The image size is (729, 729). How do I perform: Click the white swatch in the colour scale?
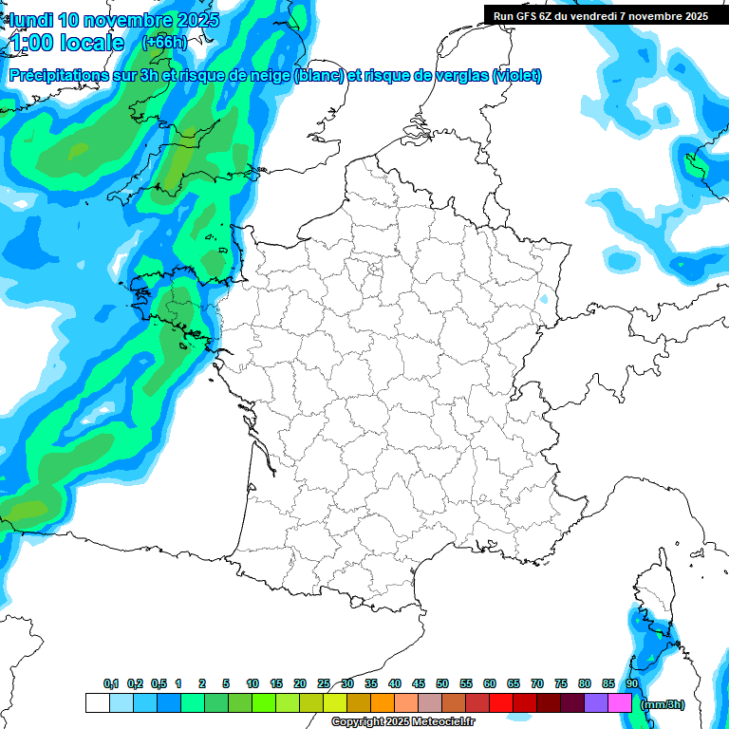click(x=97, y=703)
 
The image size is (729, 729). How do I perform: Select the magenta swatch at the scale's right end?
click(x=620, y=703)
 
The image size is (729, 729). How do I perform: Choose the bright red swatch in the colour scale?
click(x=501, y=703)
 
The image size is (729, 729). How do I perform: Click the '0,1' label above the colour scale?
click(x=111, y=683)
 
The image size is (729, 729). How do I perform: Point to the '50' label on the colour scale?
click(x=442, y=683)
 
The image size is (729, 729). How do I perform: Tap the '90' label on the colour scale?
click(x=632, y=683)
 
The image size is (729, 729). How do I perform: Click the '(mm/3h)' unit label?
click(x=662, y=704)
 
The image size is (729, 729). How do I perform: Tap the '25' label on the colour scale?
click(x=324, y=683)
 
